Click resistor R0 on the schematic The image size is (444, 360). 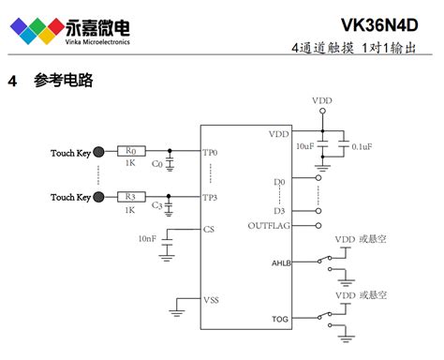point(130,151)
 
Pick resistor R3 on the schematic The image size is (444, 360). point(130,196)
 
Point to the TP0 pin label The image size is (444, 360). point(210,152)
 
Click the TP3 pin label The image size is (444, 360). point(210,198)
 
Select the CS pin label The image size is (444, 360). point(209,229)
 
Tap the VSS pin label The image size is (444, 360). point(212,299)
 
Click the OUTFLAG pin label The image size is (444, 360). point(269,226)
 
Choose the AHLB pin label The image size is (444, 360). point(281,263)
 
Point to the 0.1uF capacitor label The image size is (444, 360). point(362,147)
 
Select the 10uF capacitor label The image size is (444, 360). point(304,147)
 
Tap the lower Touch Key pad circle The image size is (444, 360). point(99,197)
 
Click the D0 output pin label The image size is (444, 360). point(279,180)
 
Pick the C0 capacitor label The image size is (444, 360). point(156,164)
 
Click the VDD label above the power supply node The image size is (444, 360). point(321,100)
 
